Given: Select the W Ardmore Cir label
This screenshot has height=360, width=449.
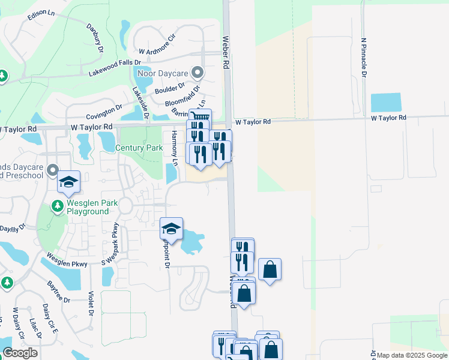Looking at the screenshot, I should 156,52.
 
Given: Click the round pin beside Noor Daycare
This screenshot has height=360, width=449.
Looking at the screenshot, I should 197,73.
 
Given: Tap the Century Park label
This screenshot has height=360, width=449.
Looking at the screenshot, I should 139,148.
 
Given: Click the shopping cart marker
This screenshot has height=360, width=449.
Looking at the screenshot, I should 200,118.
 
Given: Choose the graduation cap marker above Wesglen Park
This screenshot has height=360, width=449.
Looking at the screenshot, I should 69,182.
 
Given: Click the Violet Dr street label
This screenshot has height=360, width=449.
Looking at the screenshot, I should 91,303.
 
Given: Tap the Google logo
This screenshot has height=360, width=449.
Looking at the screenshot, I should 20,353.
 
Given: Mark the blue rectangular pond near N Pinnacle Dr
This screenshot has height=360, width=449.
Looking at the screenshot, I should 386,103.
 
